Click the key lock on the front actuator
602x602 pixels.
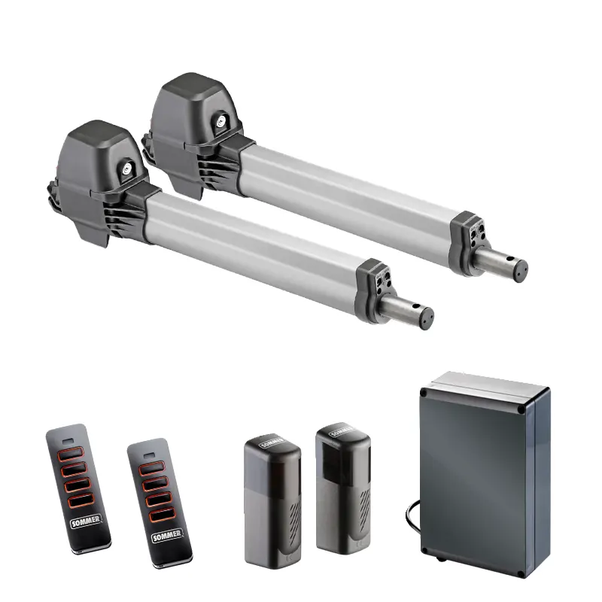coord(126,168)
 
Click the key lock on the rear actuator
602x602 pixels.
coord(221,120)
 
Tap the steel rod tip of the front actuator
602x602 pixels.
coord(425,318)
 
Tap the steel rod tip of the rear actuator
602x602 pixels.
coord(520,271)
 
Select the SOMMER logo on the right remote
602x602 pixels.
coord(166,535)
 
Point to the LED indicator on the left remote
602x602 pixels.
coord(68,441)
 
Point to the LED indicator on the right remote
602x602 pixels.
coord(149,456)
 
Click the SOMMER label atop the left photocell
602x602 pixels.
coord(272,442)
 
